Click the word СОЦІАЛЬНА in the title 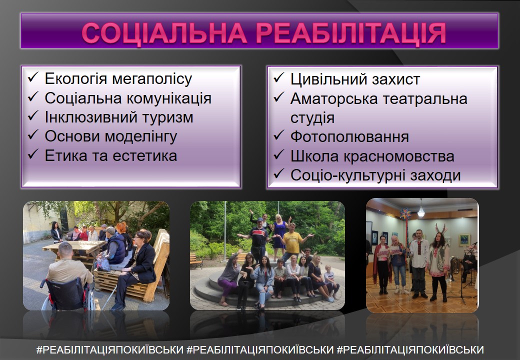pos(164,33)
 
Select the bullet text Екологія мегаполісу pos(118,79)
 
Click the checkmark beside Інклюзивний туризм pos(33,115)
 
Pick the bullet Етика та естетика pos(111,156)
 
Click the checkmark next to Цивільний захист pos(278,77)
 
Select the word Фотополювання pos(349,137)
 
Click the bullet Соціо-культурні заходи pos(375,175)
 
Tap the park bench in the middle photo pos(196,260)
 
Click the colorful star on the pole pos(405,214)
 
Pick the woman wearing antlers pos(439,262)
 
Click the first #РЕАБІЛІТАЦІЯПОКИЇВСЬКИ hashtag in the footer pos(110,349)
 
